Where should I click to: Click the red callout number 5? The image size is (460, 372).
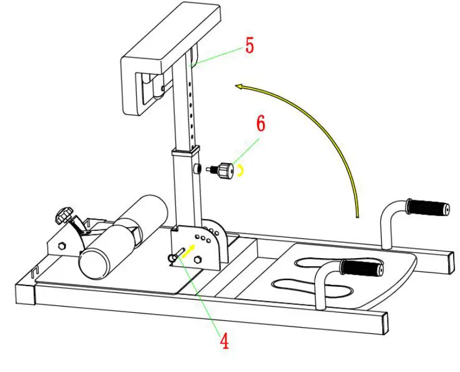[249, 45]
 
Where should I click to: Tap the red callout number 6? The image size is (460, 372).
[261, 125]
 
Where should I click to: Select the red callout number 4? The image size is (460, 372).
[224, 340]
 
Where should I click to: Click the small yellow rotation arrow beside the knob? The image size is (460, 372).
[241, 169]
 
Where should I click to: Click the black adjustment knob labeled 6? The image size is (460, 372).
[227, 170]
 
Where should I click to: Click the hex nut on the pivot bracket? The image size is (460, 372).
[198, 259]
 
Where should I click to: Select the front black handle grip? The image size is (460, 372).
[361, 267]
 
